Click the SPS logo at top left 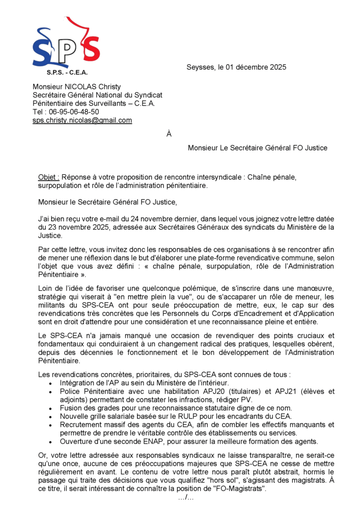click(x=66, y=44)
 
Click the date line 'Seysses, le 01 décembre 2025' click(x=236, y=68)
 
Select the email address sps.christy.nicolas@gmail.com click(x=82, y=120)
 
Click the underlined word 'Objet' click(x=48, y=177)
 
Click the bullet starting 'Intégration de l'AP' click(x=144, y=383)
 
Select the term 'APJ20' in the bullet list click(x=172, y=392)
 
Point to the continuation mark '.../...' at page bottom click(x=185, y=498)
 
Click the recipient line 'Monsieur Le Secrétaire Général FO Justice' click(x=258, y=148)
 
